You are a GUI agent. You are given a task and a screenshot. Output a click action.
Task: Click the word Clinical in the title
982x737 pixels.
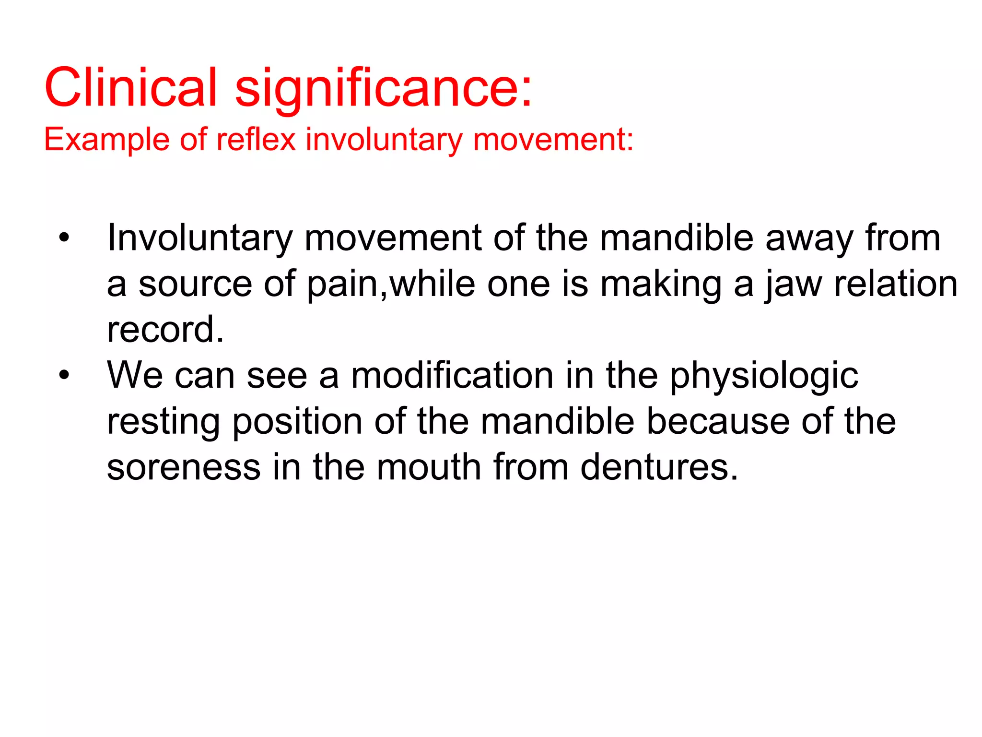point(131,87)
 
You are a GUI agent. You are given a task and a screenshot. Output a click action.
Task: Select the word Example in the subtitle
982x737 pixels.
point(106,140)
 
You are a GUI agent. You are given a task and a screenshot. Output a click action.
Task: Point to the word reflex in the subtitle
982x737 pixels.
point(256,140)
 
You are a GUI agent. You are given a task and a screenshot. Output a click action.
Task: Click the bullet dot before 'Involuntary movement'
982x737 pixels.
point(64,237)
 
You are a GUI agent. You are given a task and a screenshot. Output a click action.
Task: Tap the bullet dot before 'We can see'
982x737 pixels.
point(64,375)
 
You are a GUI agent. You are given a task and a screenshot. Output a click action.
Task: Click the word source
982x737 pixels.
point(195,284)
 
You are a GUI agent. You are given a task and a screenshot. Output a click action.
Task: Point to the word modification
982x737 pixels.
point(452,375)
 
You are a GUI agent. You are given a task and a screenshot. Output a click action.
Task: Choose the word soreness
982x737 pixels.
point(184,467)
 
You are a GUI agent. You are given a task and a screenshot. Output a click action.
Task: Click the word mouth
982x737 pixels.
point(429,467)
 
